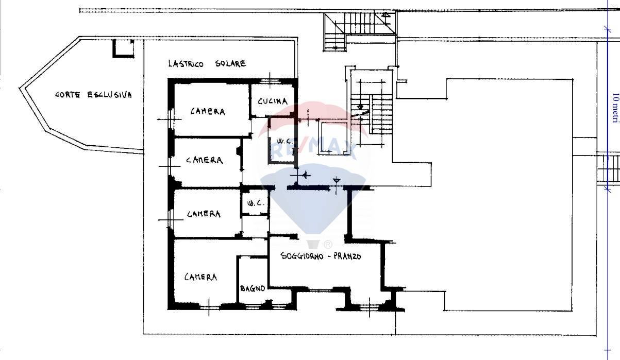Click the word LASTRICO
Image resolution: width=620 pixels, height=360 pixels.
pos(186,63)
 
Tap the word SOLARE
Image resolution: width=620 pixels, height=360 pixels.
pos(230,63)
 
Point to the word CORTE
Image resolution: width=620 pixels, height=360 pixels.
pos(68,95)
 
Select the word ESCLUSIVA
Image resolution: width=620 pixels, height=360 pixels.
pos(110,95)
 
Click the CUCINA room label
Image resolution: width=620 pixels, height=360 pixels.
pos(273,101)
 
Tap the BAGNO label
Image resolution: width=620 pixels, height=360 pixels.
pos(253,288)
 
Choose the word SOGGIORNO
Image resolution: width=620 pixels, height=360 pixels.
pos(301,256)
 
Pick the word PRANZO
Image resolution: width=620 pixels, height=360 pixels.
pos(347,256)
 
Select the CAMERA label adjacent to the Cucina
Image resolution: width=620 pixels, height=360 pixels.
pos(208,111)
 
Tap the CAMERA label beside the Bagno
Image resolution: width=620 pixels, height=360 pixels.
pos(200,277)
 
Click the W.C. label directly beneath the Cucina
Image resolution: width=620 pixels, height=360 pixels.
pos(284,141)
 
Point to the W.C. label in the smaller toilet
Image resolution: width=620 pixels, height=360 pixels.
pos(254,203)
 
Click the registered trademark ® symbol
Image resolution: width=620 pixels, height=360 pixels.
pos(328,245)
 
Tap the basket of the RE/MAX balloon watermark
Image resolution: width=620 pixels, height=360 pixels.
pos(313,245)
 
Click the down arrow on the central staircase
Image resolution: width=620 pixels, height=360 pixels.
pos(360,107)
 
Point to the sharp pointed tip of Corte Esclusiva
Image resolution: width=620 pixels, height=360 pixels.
pos(20,88)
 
